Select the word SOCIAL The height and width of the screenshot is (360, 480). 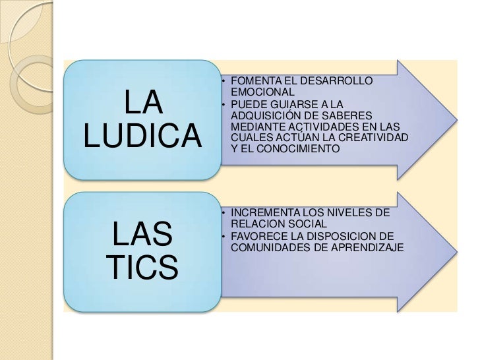[305, 225]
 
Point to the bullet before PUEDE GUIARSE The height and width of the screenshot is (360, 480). [224, 105]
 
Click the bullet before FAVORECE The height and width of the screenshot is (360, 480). [224, 237]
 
